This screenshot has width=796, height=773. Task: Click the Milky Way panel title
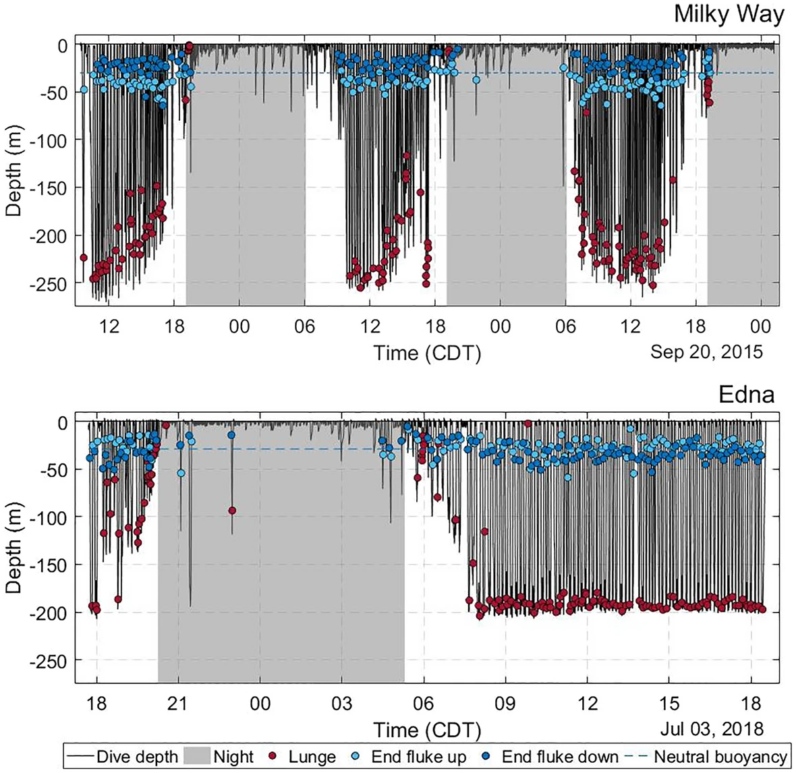point(729,15)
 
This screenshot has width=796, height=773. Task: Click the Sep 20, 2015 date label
point(706,351)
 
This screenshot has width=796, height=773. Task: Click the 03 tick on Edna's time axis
point(342,704)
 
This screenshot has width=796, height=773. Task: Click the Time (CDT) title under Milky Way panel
point(427,353)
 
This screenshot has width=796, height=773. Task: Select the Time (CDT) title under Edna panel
point(427,730)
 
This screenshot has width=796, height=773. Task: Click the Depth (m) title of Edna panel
point(13,551)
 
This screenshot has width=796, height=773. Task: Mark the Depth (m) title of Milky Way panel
point(13,174)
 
